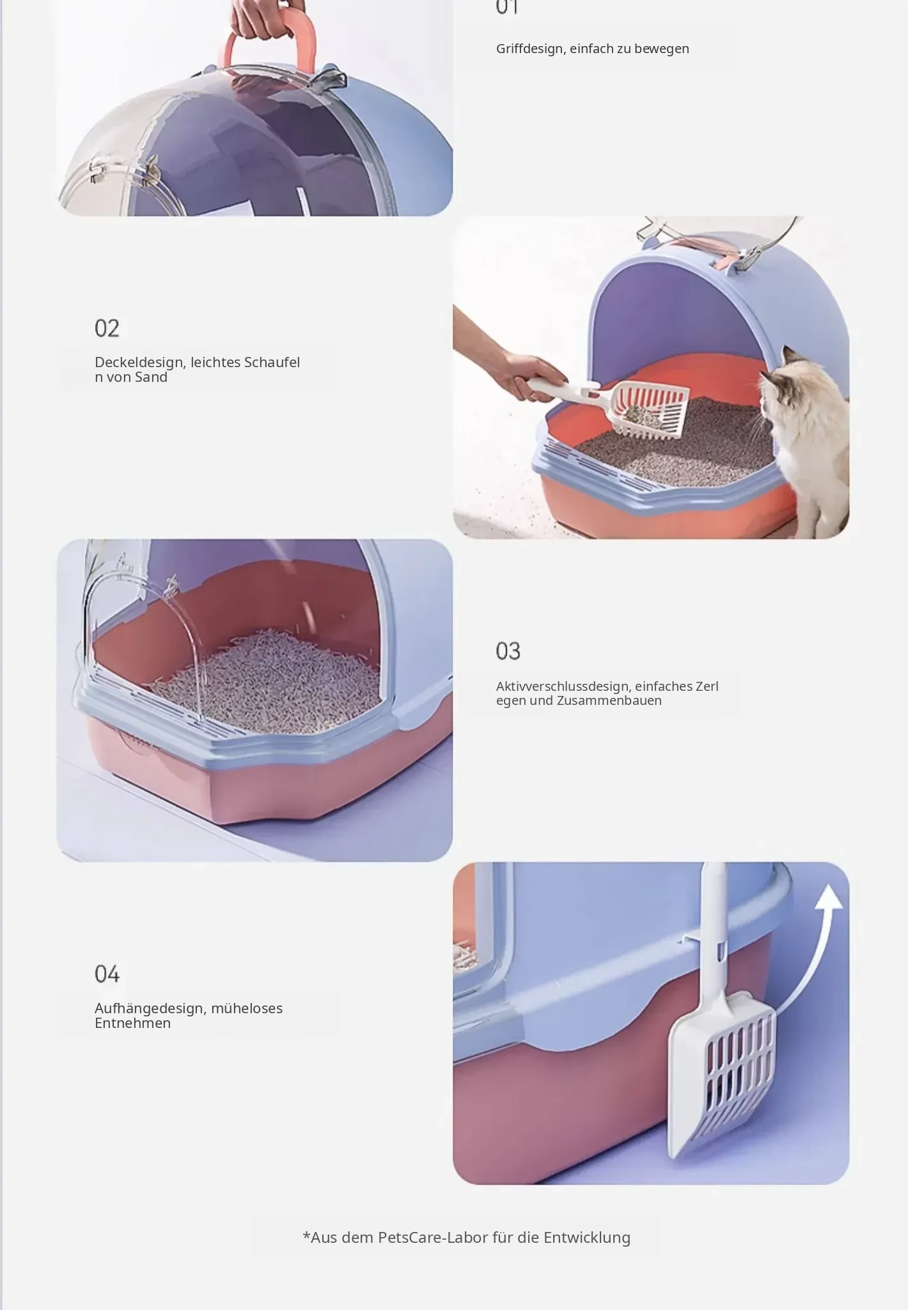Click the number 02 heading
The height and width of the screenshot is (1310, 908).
coord(107,328)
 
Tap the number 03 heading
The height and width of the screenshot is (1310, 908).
coord(508,651)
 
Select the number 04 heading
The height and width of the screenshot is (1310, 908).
coord(107,974)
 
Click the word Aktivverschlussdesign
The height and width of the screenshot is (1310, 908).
coord(563,687)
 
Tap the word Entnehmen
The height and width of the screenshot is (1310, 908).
coord(132,1023)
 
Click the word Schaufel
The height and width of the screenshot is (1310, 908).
coord(272,363)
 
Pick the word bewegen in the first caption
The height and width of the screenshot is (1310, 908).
coord(662,49)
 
